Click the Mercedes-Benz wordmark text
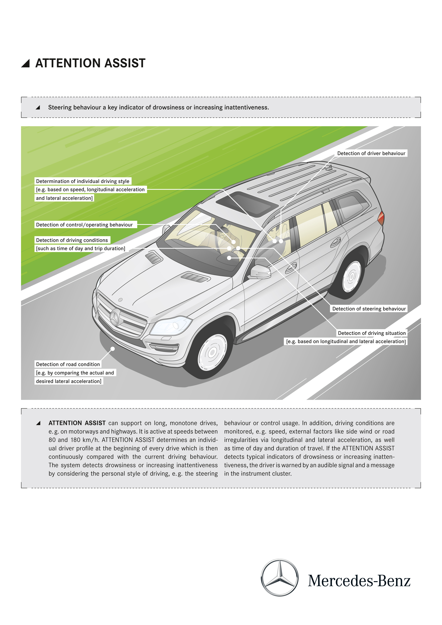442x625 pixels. coord(359,581)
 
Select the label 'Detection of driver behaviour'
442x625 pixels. coord(371,153)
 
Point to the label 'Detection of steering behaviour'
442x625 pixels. coord(369,309)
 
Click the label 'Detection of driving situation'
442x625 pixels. coord(371,333)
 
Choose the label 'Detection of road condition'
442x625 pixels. coord(68,364)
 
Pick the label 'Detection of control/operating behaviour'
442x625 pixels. coord(84,225)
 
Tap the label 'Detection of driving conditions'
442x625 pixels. coord(72,240)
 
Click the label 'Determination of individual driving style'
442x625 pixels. coord(83,181)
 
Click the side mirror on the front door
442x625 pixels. coord(260,272)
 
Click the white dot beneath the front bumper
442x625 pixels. coord(113,349)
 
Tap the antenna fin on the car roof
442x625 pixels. coord(330,168)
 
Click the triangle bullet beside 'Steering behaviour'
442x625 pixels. coord(38,107)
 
